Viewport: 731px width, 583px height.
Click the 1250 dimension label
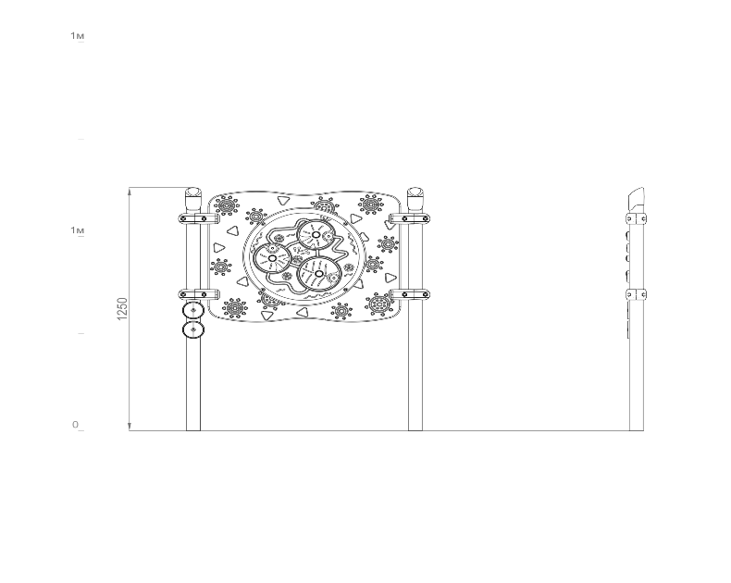[x=122, y=309]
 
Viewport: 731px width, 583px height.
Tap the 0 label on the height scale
[x=75, y=425]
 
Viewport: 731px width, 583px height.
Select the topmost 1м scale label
[x=78, y=35]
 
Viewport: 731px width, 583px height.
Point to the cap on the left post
[x=193, y=199]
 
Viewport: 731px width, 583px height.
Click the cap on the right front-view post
[x=415, y=199]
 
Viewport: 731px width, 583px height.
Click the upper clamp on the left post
[x=199, y=218]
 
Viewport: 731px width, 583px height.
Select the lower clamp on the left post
[x=199, y=294]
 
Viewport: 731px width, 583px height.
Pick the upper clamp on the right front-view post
[x=410, y=218]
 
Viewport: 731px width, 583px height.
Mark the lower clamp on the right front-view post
[x=410, y=294]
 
